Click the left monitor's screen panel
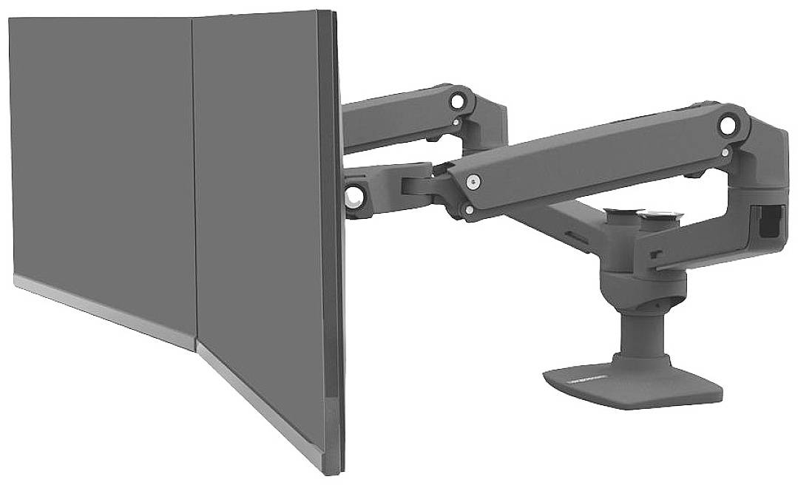point(104,148)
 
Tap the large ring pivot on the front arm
point(731,123)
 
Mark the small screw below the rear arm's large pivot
point(459,122)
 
